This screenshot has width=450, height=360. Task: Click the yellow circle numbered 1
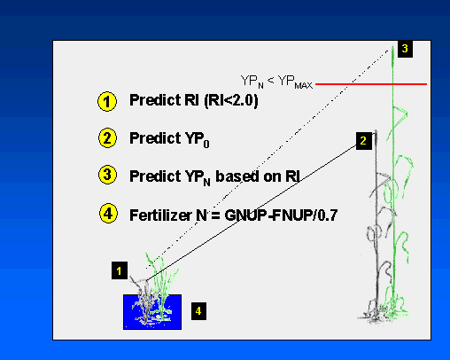[x=107, y=101]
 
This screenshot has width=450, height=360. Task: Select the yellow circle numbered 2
[x=107, y=138]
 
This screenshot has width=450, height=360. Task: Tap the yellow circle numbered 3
[x=107, y=175]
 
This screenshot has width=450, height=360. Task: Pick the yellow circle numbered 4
[x=108, y=213]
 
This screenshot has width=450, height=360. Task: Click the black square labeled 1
[x=120, y=270]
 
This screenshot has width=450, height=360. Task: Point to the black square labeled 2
[x=364, y=141]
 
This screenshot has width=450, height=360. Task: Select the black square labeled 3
[x=405, y=49]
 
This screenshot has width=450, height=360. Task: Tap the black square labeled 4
[x=198, y=311]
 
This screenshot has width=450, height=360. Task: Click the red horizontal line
[x=371, y=84]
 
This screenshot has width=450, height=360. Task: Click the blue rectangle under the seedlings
[x=152, y=312]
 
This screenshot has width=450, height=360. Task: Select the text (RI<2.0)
[x=231, y=100]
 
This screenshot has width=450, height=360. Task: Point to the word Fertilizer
[x=160, y=215]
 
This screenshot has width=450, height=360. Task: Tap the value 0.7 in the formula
[x=328, y=215]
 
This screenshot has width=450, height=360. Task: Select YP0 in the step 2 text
[x=198, y=140]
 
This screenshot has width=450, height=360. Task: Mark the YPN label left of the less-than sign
[x=252, y=82]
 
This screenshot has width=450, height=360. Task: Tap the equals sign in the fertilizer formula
[x=215, y=215]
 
